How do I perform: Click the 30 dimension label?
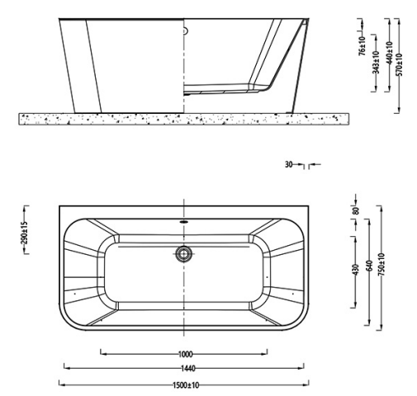pyautogui.click(x=289, y=165)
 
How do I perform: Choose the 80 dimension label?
pyautogui.click(x=356, y=210)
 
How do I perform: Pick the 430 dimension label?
pyautogui.click(x=356, y=270)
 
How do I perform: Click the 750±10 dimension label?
pyautogui.click(x=381, y=266)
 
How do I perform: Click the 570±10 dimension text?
pyautogui.click(x=400, y=63)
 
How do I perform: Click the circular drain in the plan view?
pyautogui.click(x=184, y=253)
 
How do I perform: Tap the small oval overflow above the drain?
pyautogui.click(x=184, y=221)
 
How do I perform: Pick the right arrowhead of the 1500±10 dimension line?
pyautogui.click(x=307, y=384)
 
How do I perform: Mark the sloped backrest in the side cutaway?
pyautogui.click(x=277, y=62)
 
